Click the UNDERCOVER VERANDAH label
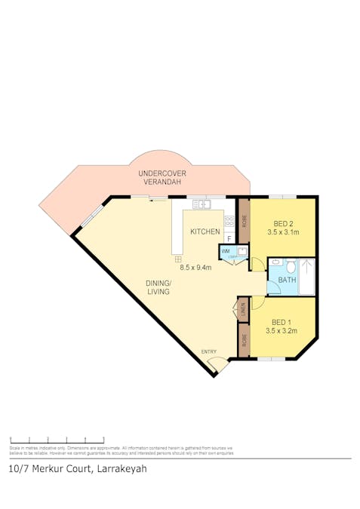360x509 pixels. pos(162,178)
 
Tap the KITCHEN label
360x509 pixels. pos(205,232)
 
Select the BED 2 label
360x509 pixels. pos(283,224)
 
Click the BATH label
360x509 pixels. pos(288,281)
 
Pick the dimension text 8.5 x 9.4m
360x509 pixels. pos(195,266)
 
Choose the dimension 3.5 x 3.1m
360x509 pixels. pos(283,232)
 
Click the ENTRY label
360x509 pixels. pos(208,352)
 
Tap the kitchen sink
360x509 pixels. pos(200,204)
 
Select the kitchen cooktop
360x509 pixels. pos(229,222)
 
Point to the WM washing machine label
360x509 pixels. pos(226,250)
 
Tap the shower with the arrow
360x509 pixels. pos(306,277)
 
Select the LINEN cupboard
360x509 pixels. pos(243,308)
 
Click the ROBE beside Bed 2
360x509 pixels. pos(244,222)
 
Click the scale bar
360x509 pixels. pos(57,440)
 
